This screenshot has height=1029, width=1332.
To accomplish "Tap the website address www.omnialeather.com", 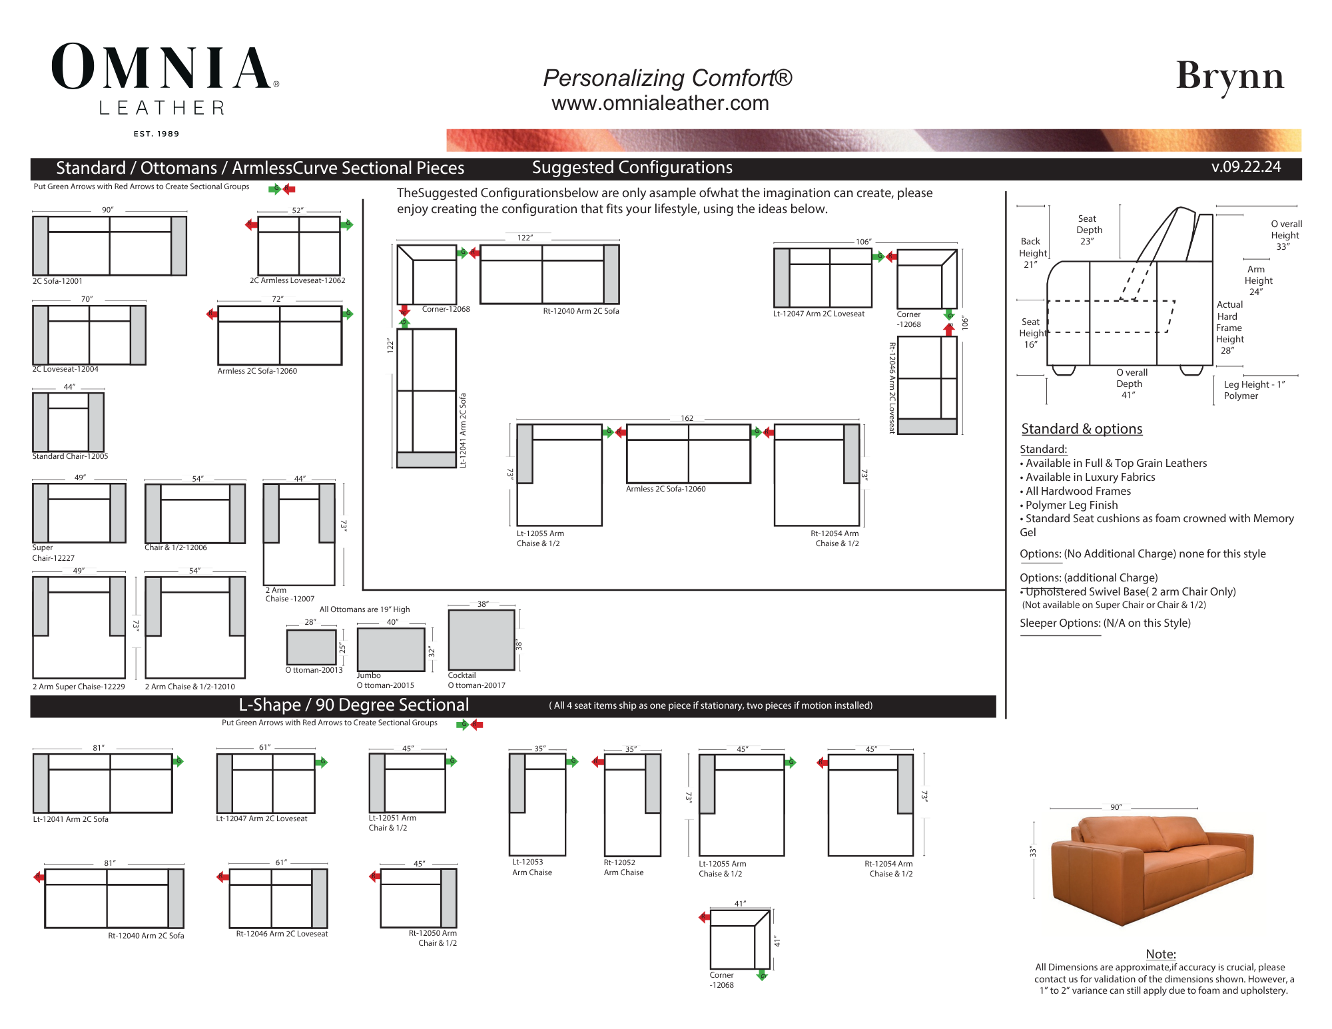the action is pos(660,103).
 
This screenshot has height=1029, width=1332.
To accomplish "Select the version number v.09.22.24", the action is pos(1246,167).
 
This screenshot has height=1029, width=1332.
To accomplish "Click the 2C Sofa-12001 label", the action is pos(57,281).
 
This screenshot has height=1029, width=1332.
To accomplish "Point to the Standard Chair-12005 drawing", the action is pos(69,422).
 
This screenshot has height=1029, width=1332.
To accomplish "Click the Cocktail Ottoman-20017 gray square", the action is pos(482,639).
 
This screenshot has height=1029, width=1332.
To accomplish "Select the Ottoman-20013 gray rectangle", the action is pos(311,647).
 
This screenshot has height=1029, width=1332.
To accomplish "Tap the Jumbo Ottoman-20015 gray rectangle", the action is pos(391,649).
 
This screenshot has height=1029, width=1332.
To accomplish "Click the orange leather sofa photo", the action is pos(1152,869).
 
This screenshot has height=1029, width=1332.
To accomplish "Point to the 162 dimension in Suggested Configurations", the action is pos(687,418).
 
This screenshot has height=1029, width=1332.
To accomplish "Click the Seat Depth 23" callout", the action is pos(1089,230).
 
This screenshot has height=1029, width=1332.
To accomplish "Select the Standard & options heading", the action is pos(1082,429).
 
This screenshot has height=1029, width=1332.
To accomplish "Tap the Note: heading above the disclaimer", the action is pos(1161,954).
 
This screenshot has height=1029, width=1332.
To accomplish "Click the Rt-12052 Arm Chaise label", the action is pos(623,867).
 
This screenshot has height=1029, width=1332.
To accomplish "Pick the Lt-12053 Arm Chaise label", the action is pos(531,867).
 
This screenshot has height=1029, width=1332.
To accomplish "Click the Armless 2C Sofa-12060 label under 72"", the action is pos(257,371).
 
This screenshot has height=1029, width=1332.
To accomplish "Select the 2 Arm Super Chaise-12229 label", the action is pos(79,687).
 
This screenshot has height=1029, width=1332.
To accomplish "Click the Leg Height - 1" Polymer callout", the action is pos(1254,390).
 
